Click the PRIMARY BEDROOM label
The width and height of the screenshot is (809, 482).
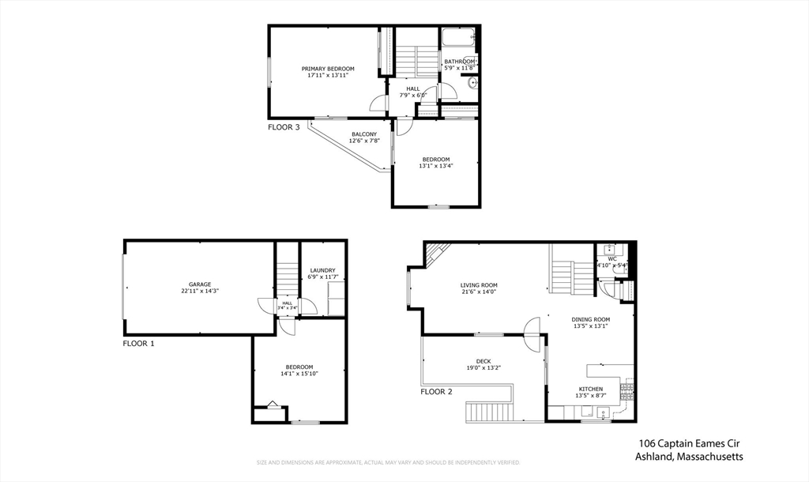click(327, 70)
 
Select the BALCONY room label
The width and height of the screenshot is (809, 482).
click(364, 134)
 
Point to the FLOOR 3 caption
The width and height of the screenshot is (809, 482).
click(284, 126)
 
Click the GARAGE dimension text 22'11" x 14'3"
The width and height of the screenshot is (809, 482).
click(199, 291)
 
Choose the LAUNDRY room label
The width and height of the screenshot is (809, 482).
click(322, 270)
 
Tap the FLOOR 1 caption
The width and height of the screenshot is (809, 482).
click(139, 344)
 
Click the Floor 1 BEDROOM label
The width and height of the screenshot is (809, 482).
click(299, 367)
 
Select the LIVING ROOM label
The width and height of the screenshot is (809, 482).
click(479, 285)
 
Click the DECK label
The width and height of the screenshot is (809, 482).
click(484, 361)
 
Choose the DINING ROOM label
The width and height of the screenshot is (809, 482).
click(591, 319)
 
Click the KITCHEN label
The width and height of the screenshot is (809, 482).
click(591, 389)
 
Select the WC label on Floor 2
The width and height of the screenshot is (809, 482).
click(612, 258)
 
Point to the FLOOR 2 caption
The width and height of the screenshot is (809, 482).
click(436, 391)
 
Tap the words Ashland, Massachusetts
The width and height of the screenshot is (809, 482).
click(689, 457)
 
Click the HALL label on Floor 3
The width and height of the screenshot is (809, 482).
click(413, 88)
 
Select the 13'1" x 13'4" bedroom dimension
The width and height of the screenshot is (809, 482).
click(435, 166)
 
